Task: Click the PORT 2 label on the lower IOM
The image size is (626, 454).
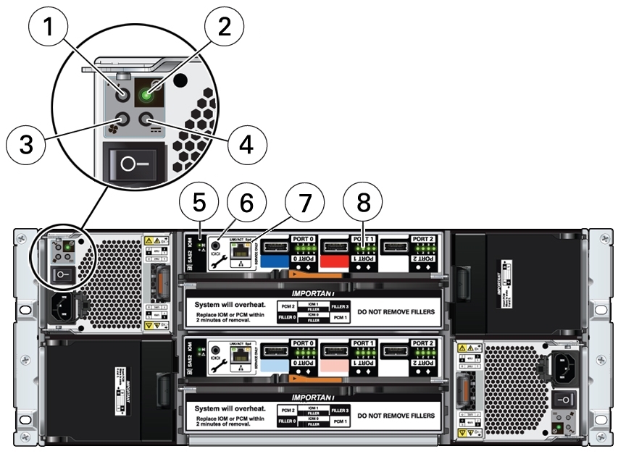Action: pos(422,342)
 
